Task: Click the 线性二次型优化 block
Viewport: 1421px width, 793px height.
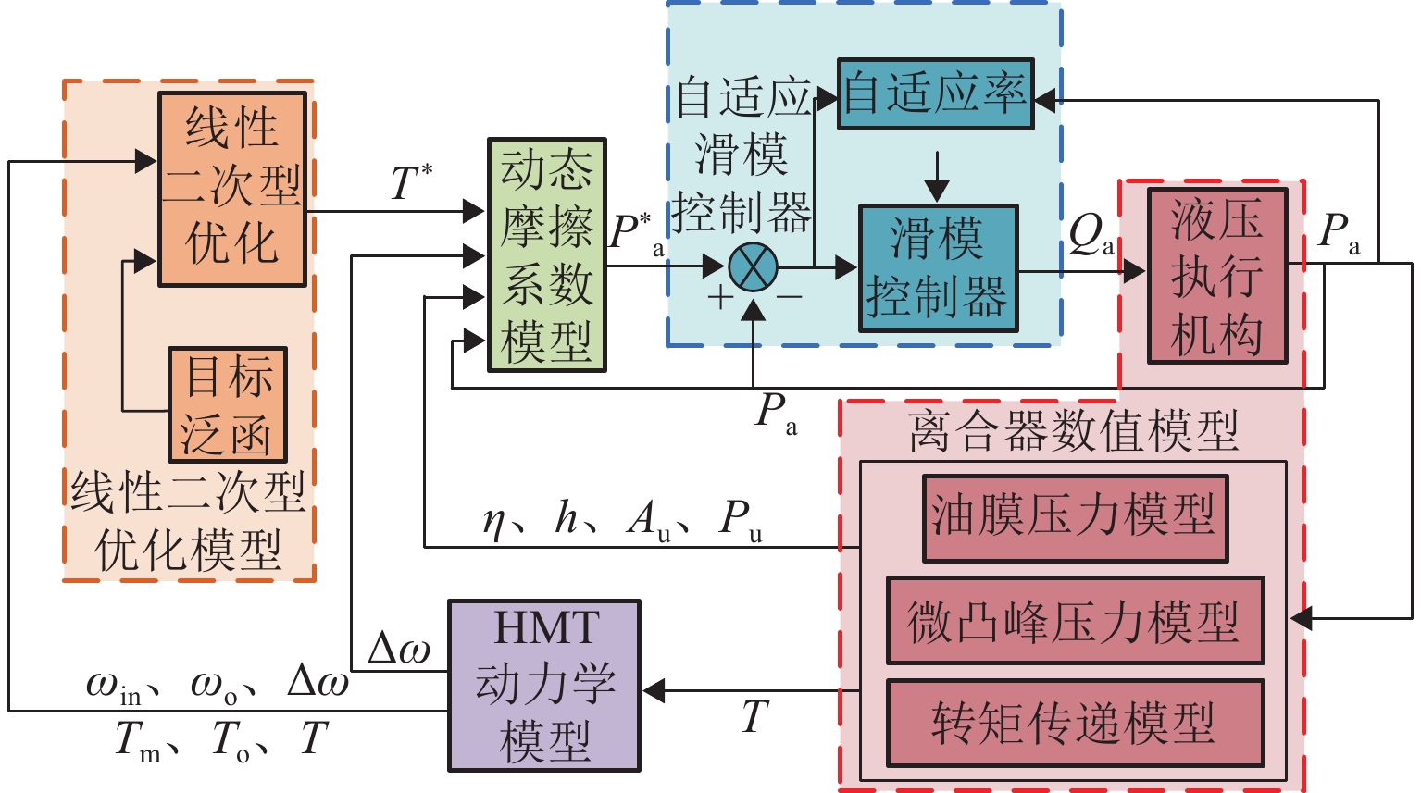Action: (231, 189)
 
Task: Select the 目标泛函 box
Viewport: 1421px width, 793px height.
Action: (228, 404)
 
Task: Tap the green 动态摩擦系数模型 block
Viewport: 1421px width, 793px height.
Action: (546, 255)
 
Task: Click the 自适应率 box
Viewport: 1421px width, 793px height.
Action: (935, 94)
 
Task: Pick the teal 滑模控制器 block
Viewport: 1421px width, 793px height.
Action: (938, 268)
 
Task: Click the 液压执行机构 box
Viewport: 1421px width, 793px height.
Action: (1216, 276)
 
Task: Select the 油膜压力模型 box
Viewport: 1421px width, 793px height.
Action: (1075, 518)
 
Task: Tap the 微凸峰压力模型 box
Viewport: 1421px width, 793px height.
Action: (1075, 621)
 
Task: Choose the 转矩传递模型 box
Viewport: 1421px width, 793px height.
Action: (1075, 724)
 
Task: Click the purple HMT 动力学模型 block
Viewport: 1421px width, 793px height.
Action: (544, 686)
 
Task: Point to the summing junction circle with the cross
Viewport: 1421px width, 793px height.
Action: (753, 267)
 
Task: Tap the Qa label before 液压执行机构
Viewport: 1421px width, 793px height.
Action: (1091, 236)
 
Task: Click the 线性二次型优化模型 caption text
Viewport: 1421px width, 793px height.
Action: (189, 521)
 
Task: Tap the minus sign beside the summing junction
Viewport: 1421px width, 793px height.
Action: (789, 297)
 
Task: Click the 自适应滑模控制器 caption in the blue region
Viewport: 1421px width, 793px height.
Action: (742, 155)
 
